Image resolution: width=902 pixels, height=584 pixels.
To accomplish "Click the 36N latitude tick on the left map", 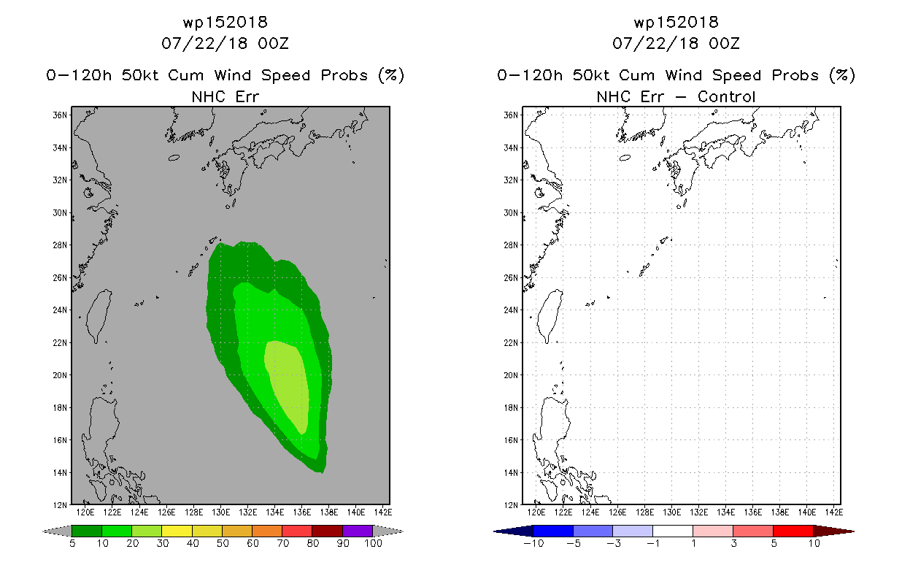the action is pos(60,115).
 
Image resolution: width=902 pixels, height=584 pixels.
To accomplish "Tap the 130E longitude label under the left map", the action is pos(220,512).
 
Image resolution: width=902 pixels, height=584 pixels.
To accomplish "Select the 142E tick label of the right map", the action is pos(834,512).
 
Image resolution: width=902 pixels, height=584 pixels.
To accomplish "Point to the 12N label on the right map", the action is pos(511,505).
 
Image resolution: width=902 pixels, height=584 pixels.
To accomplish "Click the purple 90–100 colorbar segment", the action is pos(358,531).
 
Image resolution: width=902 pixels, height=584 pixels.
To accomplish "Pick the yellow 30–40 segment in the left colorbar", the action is pos(177,531).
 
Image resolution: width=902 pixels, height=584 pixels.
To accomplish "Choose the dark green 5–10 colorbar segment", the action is pos(87,531).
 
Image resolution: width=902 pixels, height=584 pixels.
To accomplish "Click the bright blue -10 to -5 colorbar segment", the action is pos(553,531).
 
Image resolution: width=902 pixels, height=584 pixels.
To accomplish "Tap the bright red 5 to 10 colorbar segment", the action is pos(793,531).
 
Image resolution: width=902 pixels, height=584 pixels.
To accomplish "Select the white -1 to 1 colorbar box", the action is pos(673,531).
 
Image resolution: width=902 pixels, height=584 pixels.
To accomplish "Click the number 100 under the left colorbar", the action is pos(374,543).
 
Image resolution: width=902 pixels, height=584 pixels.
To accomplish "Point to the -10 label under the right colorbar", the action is pos(533,543).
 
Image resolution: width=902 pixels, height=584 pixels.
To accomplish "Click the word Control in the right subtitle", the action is pos(726,96).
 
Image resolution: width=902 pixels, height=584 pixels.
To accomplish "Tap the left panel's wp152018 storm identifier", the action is pos(225,22).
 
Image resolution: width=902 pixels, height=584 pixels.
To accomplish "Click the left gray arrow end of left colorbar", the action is pos(57,531).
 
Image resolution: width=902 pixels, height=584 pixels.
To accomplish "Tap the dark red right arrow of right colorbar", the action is pos(833,531).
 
